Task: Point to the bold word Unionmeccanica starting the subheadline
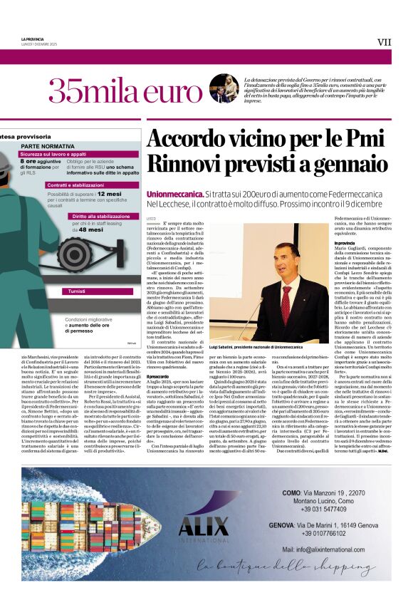(x=173, y=195)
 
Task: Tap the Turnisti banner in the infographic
(x=72, y=291)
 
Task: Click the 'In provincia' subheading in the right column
(x=344, y=243)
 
